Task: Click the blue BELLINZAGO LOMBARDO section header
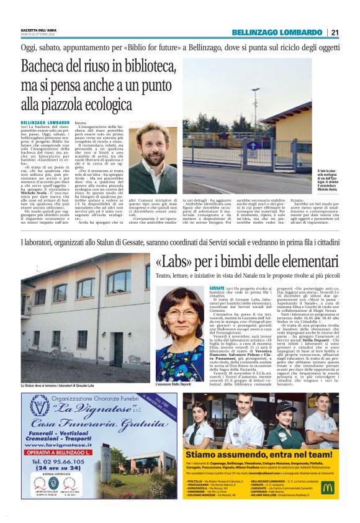click(277, 32)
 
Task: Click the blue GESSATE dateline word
click(217, 289)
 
